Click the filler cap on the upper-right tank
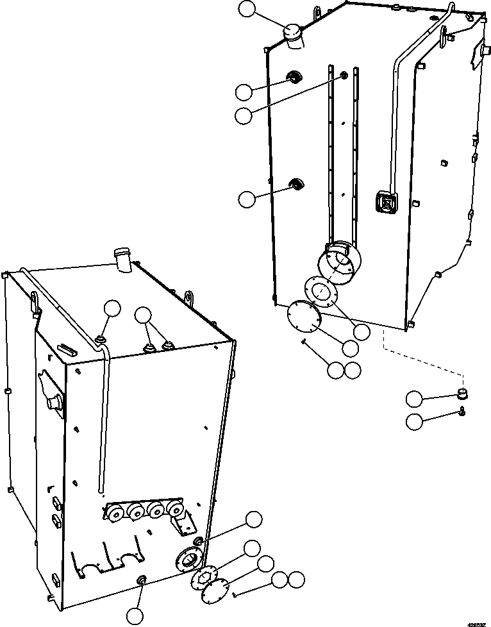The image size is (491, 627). click(x=294, y=35)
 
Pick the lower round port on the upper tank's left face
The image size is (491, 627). click(x=297, y=185)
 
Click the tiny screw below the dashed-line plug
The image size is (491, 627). click(x=462, y=412)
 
